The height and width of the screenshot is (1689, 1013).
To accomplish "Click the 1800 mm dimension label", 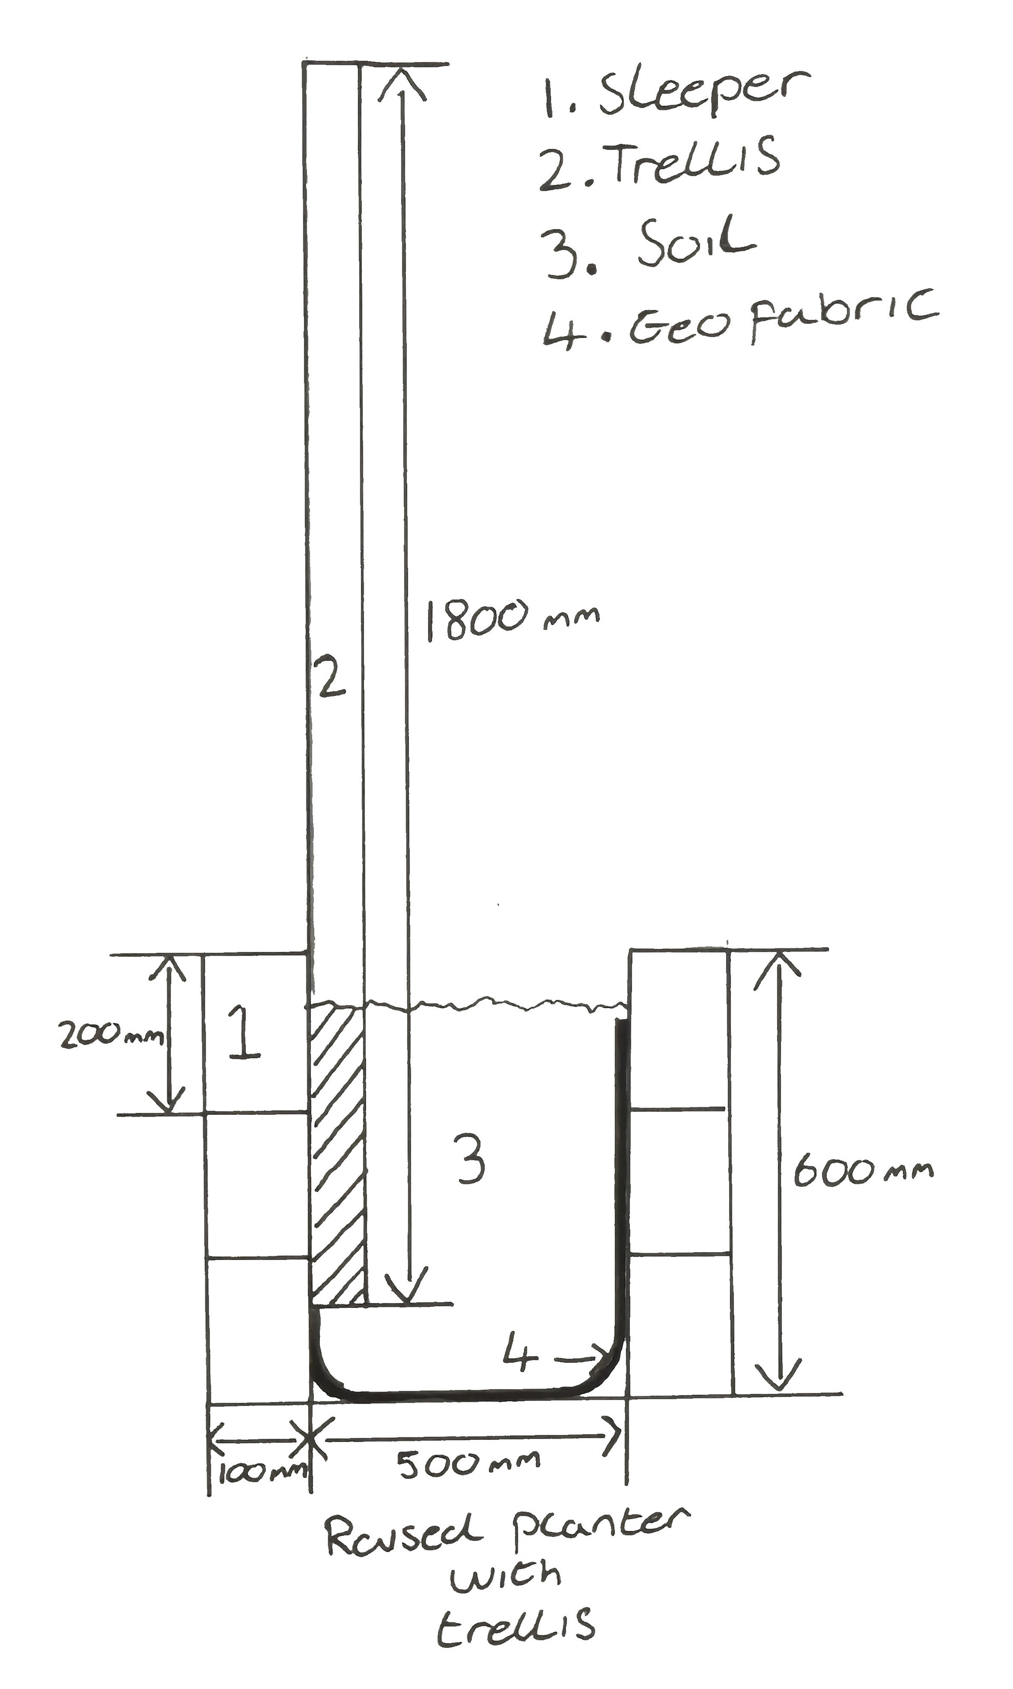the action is [x=513, y=619].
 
